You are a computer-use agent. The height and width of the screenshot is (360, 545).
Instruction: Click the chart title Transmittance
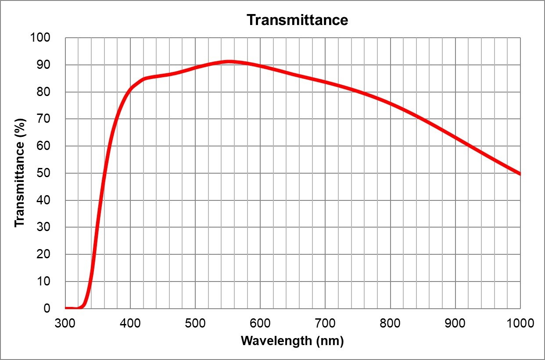pos(297,20)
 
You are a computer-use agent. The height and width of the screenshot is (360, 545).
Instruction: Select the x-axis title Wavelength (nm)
pos(292,341)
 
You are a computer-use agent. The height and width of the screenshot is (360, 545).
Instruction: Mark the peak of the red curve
pos(229,62)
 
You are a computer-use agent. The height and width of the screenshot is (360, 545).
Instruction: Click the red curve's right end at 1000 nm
pos(520,174)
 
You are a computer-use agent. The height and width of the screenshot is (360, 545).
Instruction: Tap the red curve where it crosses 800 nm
pos(390,104)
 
